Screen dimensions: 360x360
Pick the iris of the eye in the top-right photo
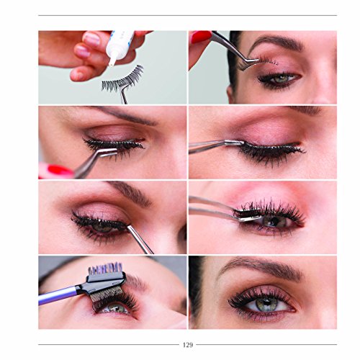coord(283,78)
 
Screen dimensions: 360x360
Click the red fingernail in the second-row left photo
coord(54,171)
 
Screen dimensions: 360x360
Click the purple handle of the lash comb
coord(58,294)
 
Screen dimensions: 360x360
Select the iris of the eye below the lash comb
coord(115,308)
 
